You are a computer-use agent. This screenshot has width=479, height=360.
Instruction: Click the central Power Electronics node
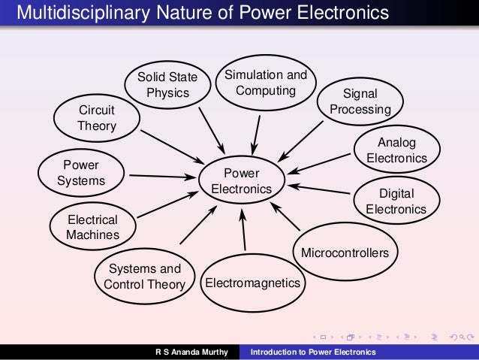tap(241, 181)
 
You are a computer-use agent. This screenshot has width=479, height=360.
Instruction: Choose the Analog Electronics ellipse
tap(396, 150)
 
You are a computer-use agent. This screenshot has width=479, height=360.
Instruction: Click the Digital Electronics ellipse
tap(396, 201)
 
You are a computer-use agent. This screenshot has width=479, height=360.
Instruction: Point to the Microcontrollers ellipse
tap(345, 253)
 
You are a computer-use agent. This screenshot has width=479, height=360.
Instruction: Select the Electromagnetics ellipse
tap(252, 283)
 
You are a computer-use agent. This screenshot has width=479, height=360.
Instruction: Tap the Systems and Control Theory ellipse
tap(144, 277)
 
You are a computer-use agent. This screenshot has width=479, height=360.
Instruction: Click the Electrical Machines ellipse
tap(93, 227)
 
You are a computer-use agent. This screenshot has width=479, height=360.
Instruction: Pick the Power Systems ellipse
tap(81, 173)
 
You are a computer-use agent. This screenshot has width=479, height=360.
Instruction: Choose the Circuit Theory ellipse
tap(97, 119)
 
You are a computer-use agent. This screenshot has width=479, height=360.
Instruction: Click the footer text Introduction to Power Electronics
tap(313, 352)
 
